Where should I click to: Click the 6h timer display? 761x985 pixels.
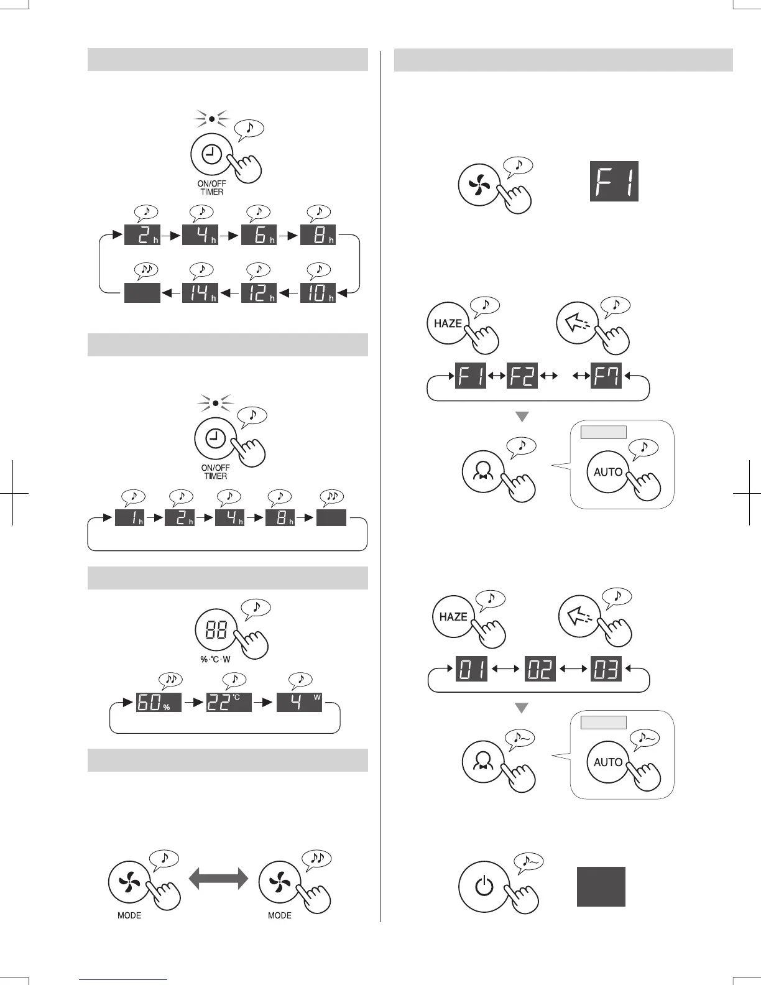259,235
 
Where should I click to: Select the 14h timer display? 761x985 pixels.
200,293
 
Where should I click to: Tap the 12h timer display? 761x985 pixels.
259,293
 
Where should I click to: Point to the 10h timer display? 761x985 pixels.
318,293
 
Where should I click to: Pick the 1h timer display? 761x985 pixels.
130,517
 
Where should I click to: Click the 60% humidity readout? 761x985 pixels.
159,703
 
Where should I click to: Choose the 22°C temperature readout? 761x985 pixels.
229,703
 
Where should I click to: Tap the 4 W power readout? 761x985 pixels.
299,703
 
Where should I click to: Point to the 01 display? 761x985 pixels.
472,669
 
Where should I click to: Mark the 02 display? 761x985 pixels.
540,669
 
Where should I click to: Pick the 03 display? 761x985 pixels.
606,669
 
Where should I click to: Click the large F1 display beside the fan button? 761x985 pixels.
614,182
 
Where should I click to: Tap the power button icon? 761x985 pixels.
484,886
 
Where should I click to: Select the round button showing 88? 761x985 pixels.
216,631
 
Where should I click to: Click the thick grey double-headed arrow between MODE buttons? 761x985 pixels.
218,879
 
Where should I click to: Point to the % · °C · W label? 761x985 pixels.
215,659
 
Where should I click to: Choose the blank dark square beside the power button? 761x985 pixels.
601,887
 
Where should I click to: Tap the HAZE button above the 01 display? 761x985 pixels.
453,617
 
